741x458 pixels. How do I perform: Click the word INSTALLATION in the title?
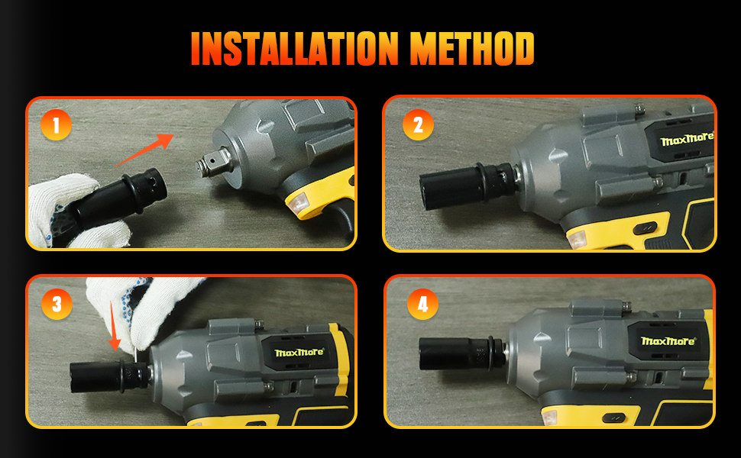pyautogui.click(x=295, y=49)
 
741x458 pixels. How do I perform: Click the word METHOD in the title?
pyautogui.click(x=471, y=49)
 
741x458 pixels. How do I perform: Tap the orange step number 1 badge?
pyautogui.click(x=56, y=125)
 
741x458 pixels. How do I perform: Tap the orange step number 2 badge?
pyautogui.click(x=418, y=125)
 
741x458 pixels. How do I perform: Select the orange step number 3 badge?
pyautogui.click(x=57, y=304)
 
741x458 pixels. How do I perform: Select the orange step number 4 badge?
pyautogui.click(x=422, y=304)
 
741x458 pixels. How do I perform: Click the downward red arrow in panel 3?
pyautogui.click(x=115, y=326)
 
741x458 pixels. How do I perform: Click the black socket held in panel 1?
pyautogui.click(x=118, y=198)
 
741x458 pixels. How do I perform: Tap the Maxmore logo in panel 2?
pyautogui.click(x=687, y=139)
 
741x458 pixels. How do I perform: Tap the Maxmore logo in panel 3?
pyautogui.click(x=299, y=353)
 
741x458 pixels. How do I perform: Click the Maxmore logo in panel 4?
pyautogui.click(x=668, y=341)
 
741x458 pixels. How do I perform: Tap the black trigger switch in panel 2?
pyautogui.click(x=645, y=228)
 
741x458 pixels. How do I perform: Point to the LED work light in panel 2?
pyautogui.click(x=577, y=240)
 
